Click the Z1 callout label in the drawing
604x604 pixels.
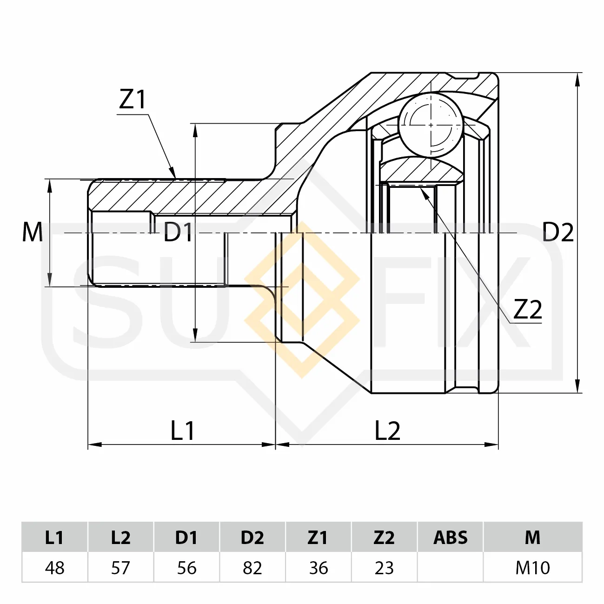[132, 100]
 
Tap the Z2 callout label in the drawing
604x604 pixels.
[528, 309]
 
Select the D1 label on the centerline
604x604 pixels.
[178, 232]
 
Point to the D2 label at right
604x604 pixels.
[558, 232]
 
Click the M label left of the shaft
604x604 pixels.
[33, 232]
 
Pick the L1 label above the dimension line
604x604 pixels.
[183, 431]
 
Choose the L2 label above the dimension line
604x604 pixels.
[388, 431]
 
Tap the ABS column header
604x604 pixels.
[451, 537]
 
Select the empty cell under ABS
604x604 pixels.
[451, 567]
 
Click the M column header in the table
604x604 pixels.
[532, 537]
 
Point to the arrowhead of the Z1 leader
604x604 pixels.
[173, 173]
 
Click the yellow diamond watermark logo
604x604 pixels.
[302, 300]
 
